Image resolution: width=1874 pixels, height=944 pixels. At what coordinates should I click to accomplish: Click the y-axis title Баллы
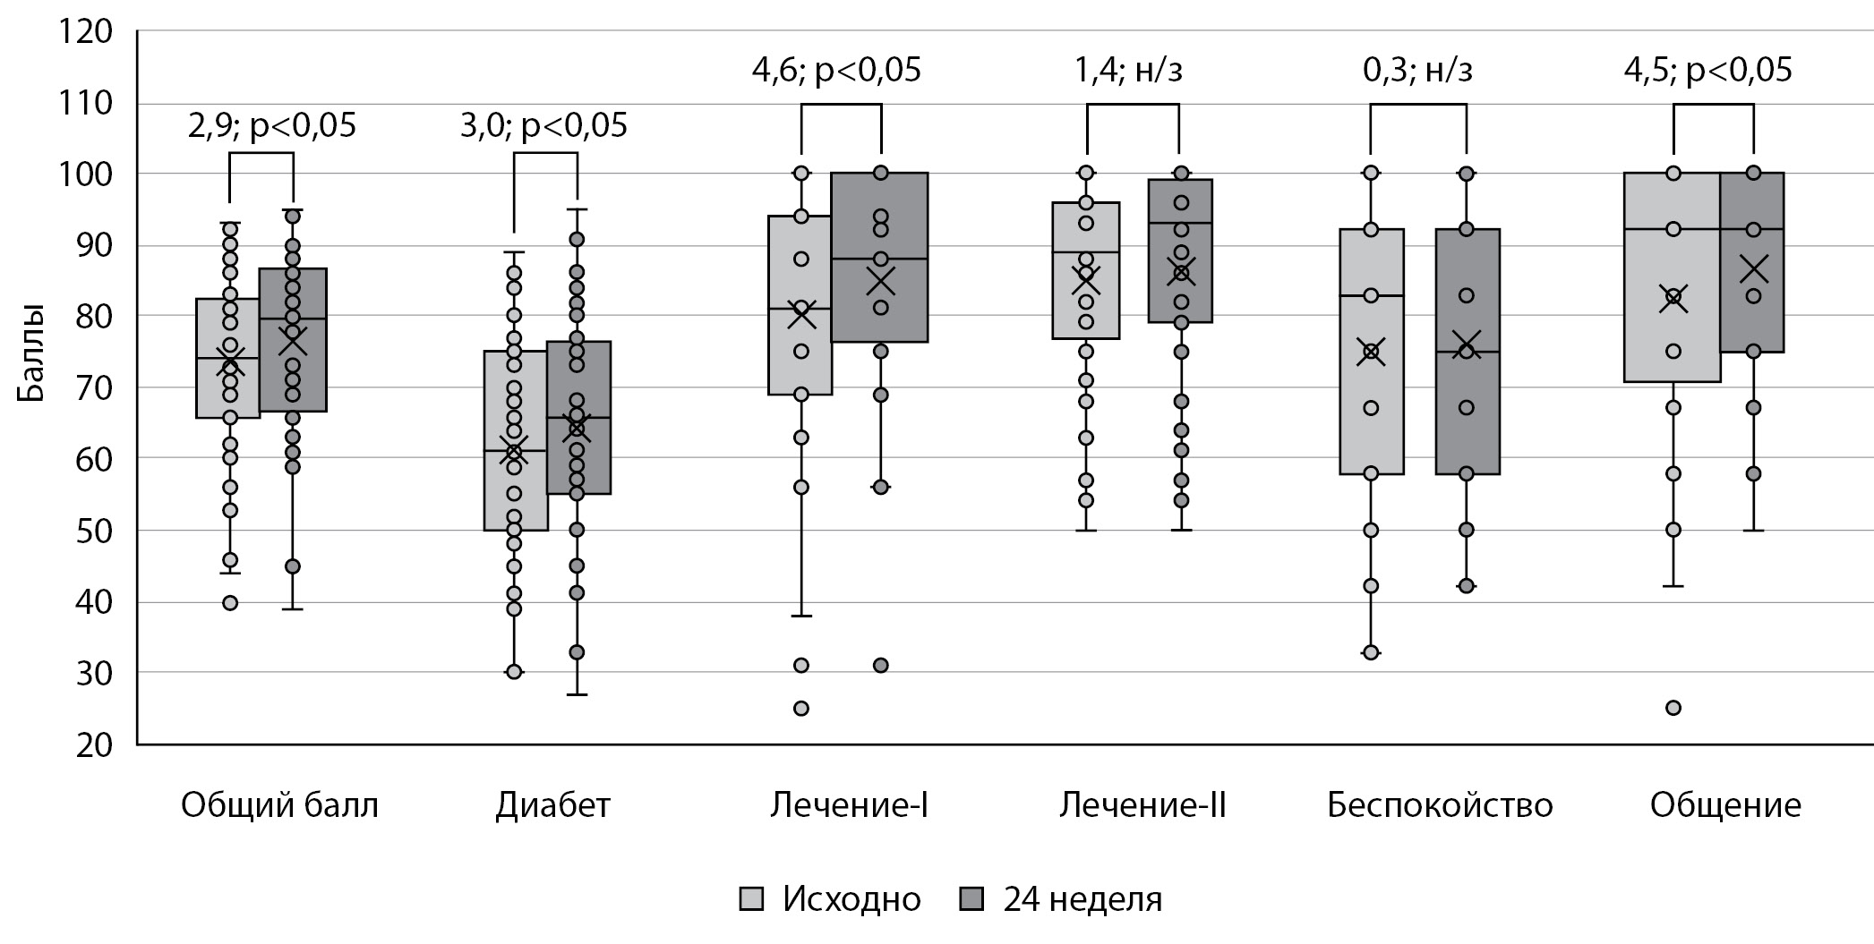(30, 354)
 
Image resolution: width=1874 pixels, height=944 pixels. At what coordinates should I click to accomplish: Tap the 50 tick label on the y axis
(94, 531)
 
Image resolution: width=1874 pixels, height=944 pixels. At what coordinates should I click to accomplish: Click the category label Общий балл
(279, 805)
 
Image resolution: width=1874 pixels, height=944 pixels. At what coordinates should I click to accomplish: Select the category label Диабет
(552, 805)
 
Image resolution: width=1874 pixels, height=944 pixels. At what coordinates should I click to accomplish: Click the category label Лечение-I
(849, 805)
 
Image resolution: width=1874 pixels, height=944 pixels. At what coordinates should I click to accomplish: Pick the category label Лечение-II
(1142, 805)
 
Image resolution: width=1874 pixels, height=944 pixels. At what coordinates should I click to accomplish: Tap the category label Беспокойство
(1439, 805)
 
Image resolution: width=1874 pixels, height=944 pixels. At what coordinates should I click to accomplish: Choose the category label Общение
(1724, 805)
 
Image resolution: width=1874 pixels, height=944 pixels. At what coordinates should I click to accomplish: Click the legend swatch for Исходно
(752, 898)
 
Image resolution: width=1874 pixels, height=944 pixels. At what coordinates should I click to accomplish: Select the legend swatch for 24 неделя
(971, 898)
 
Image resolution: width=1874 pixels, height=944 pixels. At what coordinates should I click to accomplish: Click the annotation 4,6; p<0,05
(835, 70)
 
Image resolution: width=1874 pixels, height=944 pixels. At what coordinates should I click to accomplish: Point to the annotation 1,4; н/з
(1128, 70)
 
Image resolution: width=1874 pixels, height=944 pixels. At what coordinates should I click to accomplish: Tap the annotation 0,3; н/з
(1417, 70)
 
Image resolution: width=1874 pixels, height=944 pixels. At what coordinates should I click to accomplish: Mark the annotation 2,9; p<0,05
(271, 125)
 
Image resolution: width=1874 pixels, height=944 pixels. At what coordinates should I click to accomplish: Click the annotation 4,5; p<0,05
(1707, 70)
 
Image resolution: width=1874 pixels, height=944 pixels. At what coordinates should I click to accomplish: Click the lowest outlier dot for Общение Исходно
(1673, 708)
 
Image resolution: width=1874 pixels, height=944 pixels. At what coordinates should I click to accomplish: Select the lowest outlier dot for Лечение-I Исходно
(801, 709)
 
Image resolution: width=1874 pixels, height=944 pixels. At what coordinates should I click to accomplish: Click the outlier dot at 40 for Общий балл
(230, 603)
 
